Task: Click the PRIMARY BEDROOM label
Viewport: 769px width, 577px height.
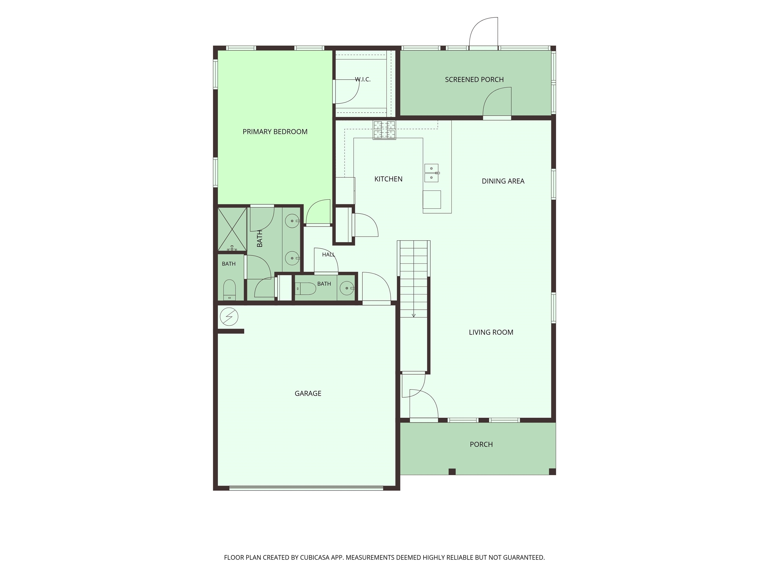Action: click(x=275, y=132)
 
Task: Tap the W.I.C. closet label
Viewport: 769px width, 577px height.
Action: click(x=363, y=79)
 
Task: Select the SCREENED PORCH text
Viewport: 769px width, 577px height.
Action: click(x=474, y=80)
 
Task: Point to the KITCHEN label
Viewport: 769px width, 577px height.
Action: click(x=388, y=179)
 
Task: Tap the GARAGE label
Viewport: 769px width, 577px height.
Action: click(x=308, y=393)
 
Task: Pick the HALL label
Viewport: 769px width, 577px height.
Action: click(x=328, y=255)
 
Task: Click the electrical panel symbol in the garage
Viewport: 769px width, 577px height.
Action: click(x=229, y=317)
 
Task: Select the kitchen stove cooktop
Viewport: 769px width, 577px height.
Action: click(x=384, y=130)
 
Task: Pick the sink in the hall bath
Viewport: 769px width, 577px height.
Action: click(x=347, y=288)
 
